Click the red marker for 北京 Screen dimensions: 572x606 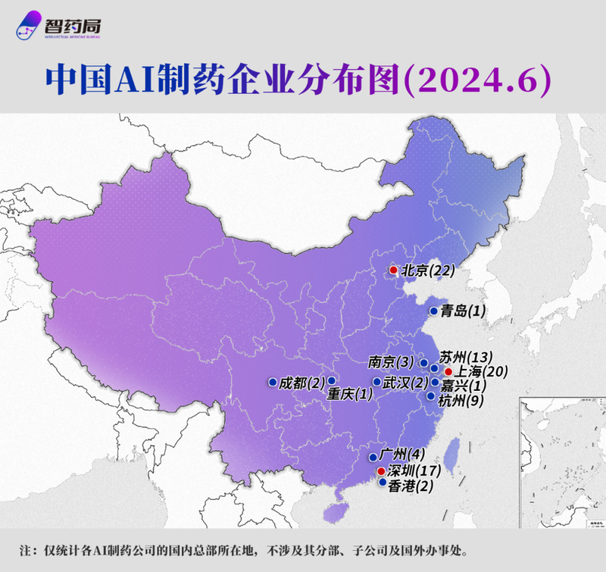(x=393, y=270)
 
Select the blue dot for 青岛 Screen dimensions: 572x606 (x=433, y=311)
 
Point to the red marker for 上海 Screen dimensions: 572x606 (x=448, y=372)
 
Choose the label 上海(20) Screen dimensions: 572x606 (x=480, y=371)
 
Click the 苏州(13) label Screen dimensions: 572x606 (x=467, y=357)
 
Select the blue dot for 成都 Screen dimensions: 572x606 (x=272, y=382)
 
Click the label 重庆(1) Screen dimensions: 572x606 (x=350, y=394)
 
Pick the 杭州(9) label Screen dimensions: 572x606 (x=463, y=399)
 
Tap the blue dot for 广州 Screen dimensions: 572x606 (x=373, y=457)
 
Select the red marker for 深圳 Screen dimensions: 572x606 (x=380, y=471)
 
